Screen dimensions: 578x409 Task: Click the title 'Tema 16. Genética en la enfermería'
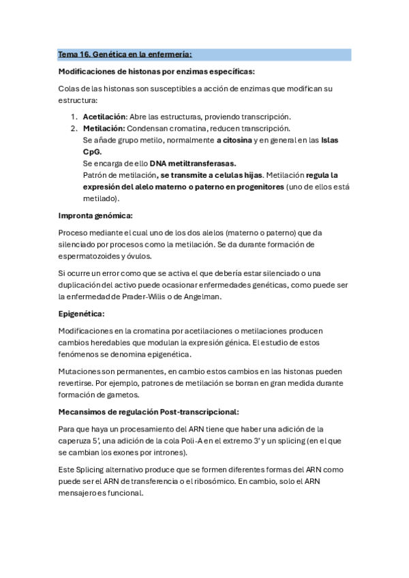[125, 54]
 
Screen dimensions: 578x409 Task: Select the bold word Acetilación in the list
[104, 117]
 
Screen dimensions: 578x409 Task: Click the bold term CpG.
[92, 151]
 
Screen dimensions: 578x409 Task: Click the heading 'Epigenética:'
[82, 314]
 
